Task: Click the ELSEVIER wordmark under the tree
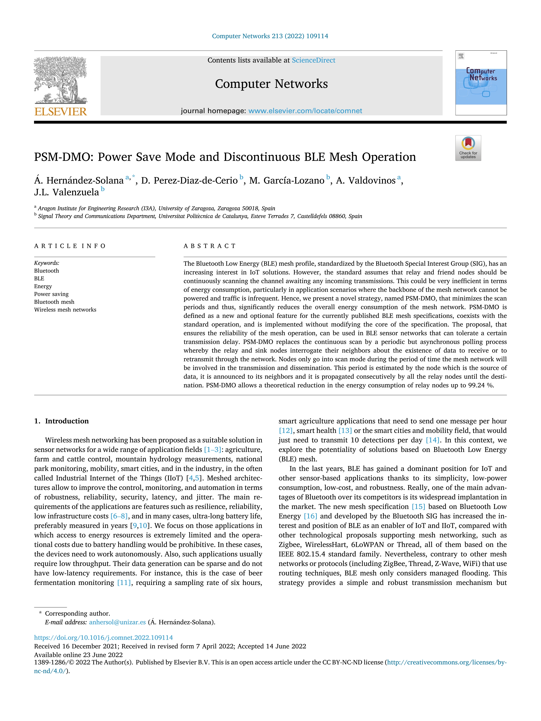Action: (x=61, y=112)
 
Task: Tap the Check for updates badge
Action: (x=468, y=148)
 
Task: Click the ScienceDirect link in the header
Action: (x=313, y=60)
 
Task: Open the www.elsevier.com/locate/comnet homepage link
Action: (x=305, y=111)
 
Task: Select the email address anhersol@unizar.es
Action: (x=117, y=622)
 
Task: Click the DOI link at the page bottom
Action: (x=103, y=637)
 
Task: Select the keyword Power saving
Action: (x=51, y=294)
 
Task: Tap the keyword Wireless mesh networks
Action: (x=65, y=310)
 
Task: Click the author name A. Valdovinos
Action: (x=366, y=181)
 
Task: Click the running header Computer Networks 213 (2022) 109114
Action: (x=270, y=36)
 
